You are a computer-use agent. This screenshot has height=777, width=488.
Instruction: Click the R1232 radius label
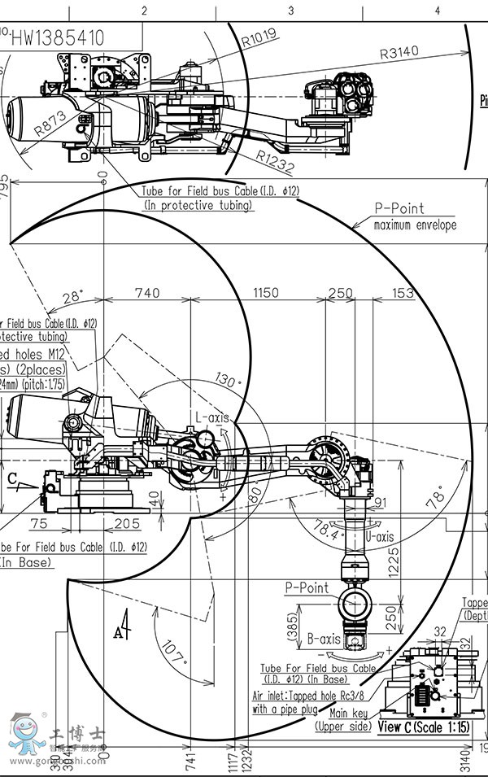pyautogui.click(x=276, y=159)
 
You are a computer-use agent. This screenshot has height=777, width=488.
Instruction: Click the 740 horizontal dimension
pyautogui.click(x=147, y=294)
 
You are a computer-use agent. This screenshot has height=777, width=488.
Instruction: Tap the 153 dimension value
pyautogui.click(x=403, y=294)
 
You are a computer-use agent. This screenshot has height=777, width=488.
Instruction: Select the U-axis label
pyautogui.click(x=378, y=538)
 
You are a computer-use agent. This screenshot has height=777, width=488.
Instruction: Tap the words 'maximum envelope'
pyautogui.click(x=415, y=225)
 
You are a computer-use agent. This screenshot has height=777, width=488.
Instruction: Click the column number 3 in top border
pyautogui.click(x=290, y=10)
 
